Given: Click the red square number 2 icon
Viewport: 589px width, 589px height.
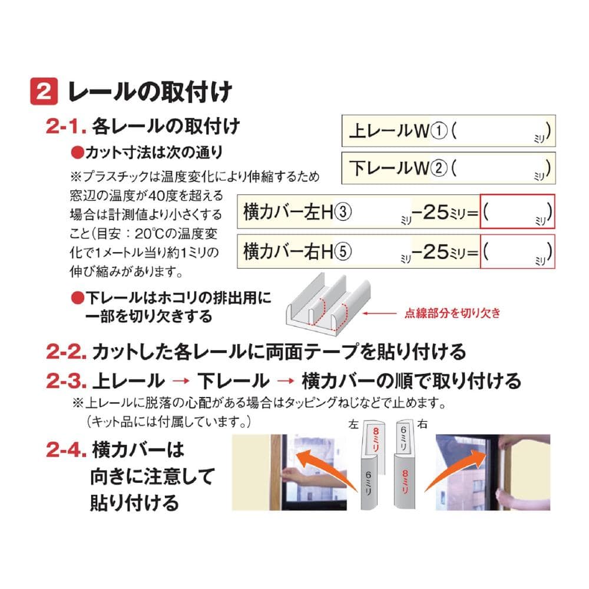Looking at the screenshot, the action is coord(44,91).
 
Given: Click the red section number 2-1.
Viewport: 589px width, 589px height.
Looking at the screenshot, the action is coord(66,126).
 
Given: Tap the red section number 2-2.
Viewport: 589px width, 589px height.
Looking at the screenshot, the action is coord(66,352).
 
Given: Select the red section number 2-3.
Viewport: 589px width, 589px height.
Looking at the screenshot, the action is coord(66,381).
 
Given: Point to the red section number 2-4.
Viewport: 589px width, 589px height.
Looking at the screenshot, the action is coord(66,449).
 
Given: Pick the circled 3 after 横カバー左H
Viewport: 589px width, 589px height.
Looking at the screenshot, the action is coord(343,212).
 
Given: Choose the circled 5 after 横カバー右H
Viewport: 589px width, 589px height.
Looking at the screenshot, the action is coord(343,252).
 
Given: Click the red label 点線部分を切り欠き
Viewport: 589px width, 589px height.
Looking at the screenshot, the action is coord(452,313).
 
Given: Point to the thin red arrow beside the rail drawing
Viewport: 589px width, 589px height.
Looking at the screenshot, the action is coord(379,313).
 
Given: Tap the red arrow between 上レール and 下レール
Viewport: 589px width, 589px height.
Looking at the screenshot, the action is coord(181,381).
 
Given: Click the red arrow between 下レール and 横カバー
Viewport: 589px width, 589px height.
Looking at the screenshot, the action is coord(286,381).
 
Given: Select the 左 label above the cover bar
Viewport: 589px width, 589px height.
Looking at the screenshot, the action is coord(353,425).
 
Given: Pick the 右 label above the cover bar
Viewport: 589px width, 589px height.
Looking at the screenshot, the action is coord(422,425).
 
